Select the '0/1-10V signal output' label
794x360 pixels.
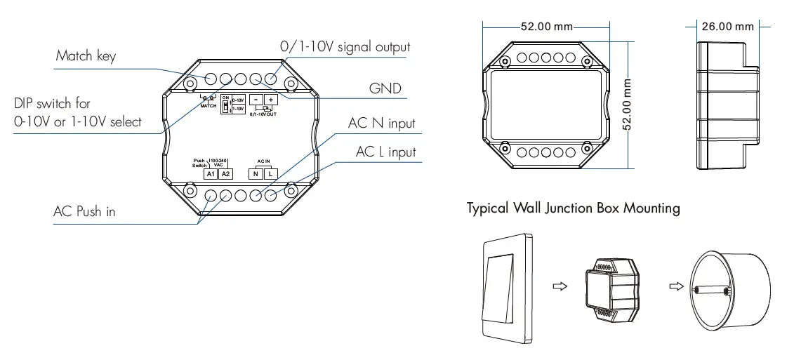[x=345, y=47]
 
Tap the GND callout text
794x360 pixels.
[x=385, y=88]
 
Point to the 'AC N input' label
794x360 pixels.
[x=382, y=124]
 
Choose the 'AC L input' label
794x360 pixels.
[x=385, y=152]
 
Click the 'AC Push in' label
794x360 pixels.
[x=84, y=211]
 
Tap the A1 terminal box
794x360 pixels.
[x=211, y=173]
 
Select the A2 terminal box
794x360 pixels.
[x=225, y=173]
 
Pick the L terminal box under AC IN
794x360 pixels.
[x=270, y=173]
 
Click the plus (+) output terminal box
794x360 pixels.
[x=270, y=100]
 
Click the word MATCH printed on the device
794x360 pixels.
[x=208, y=105]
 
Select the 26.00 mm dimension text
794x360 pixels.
[x=728, y=27]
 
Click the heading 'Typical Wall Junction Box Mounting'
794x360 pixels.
[x=573, y=208]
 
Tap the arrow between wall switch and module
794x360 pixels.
[x=560, y=286]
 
